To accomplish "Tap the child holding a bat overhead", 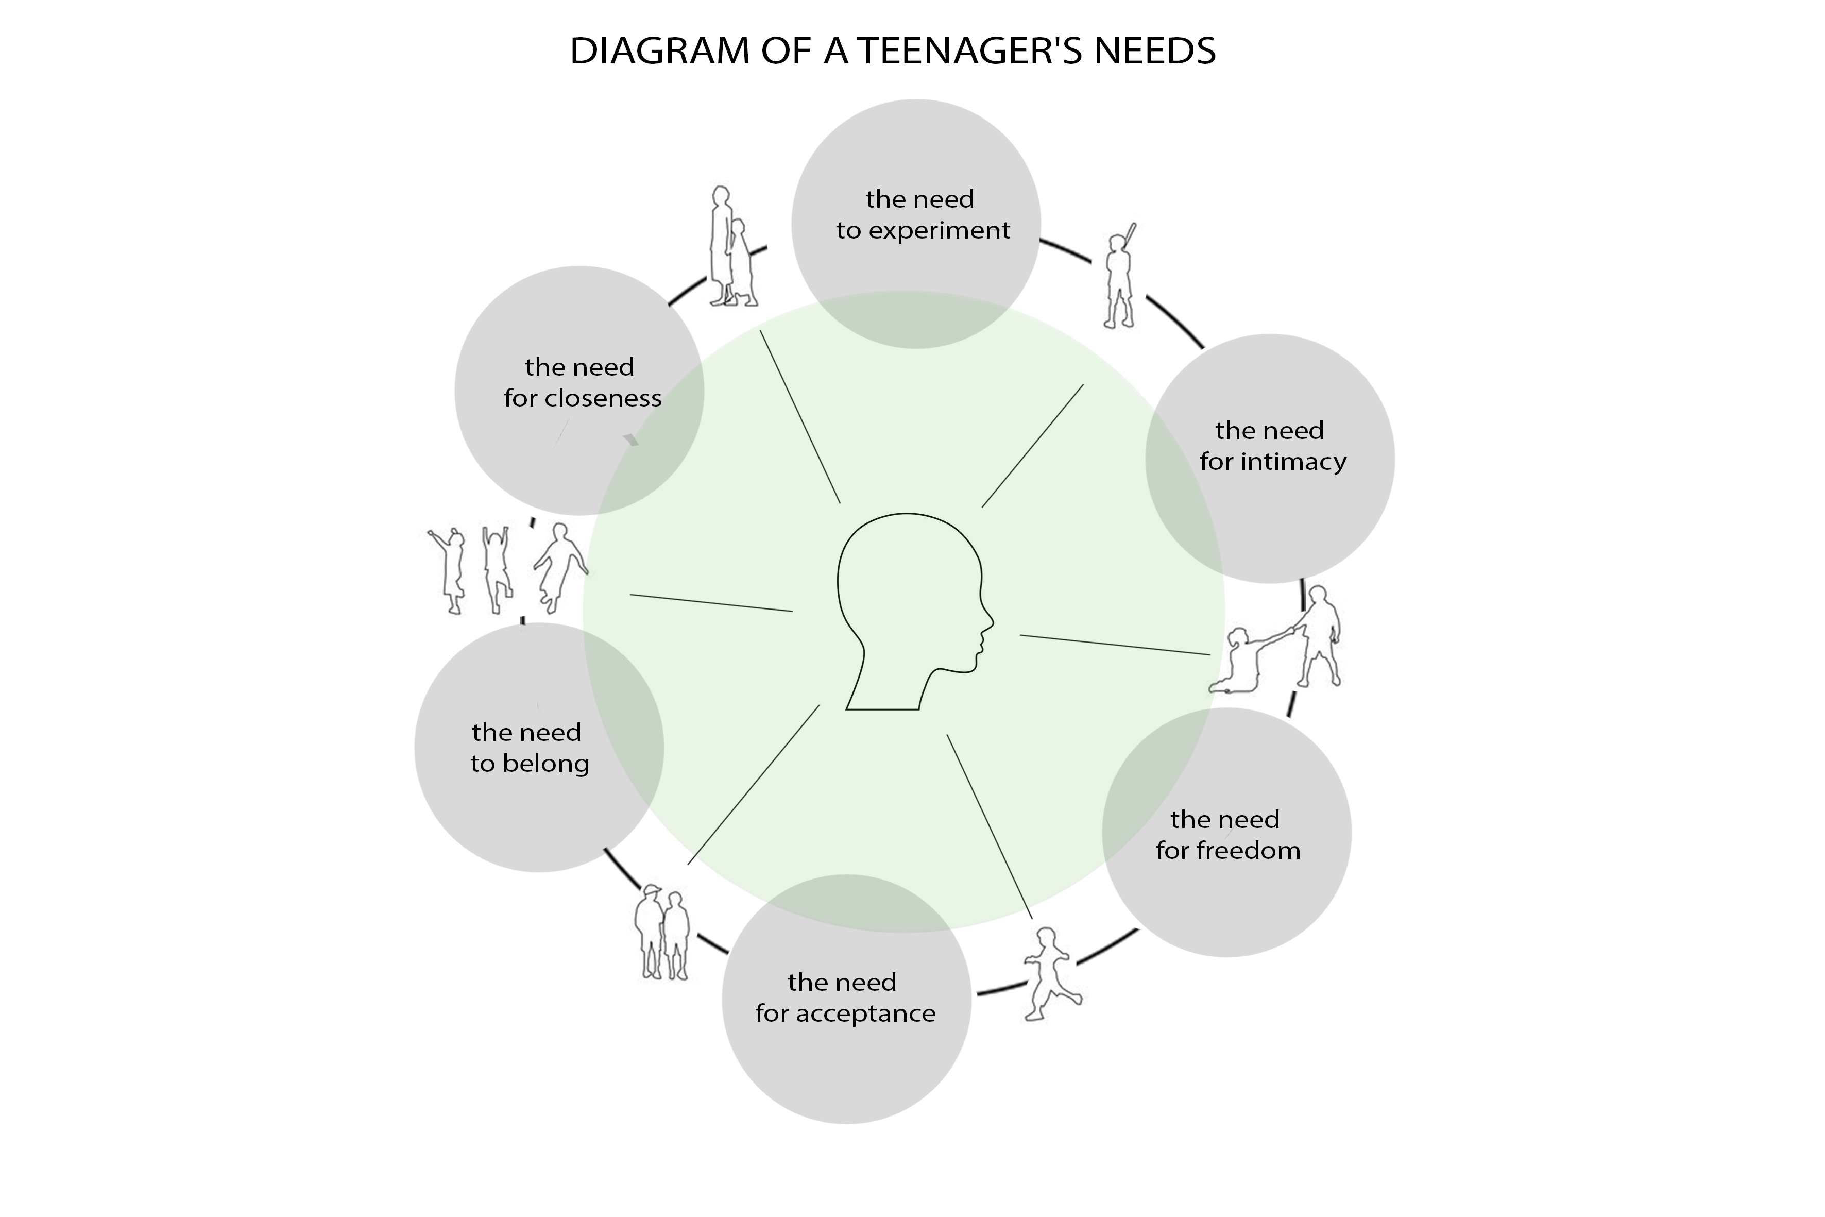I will [1119, 279].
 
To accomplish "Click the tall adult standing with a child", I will [720, 245].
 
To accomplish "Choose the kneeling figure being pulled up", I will [1240, 664].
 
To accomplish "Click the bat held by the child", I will [1131, 234].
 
